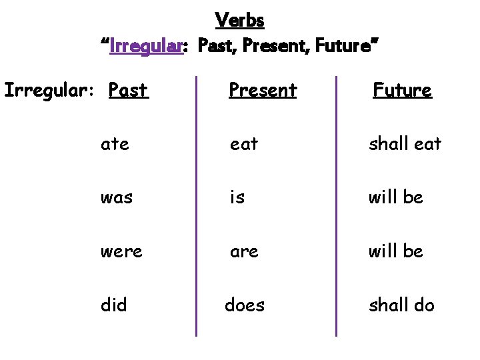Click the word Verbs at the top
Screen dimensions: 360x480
[240, 21]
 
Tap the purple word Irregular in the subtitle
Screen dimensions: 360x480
[146, 47]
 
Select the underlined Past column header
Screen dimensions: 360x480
[128, 90]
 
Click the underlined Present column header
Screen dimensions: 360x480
[262, 90]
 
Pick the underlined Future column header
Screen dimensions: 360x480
[402, 90]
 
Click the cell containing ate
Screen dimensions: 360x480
[115, 143]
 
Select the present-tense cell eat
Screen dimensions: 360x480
[243, 143]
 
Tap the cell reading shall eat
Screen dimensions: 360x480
[405, 143]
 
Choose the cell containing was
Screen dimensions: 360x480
[116, 197]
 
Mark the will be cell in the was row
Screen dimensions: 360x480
[396, 197]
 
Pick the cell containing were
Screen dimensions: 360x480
[121, 251]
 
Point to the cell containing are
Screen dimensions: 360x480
[243, 251]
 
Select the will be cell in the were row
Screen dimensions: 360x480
[396, 251]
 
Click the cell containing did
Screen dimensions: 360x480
[113, 305]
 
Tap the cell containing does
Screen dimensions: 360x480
[245, 305]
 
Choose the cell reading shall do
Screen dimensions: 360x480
[401, 305]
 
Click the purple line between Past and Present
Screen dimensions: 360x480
[195, 207]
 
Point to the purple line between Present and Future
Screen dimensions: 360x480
[337, 207]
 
